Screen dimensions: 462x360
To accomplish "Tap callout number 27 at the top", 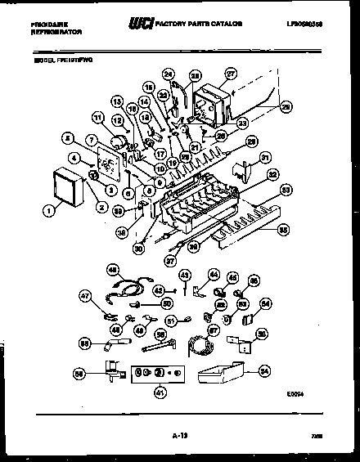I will click(231, 73).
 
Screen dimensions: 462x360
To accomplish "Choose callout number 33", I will click(286, 191).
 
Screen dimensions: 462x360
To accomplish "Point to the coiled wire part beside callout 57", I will click(196, 345).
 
